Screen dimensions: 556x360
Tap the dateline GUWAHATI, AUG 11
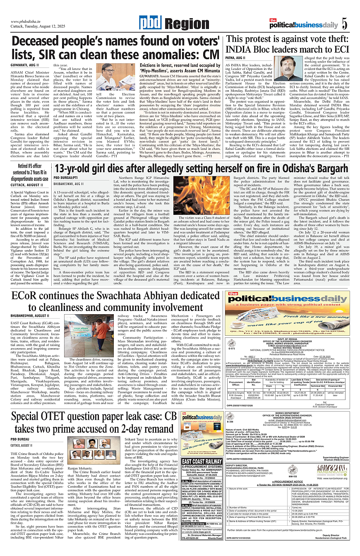tap(24, 65)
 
